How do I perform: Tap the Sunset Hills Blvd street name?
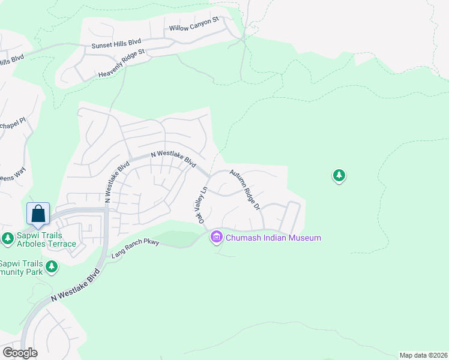(x=116, y=43)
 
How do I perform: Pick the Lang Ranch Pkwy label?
(x=135, y=251)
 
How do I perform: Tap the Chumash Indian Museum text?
(x=273, y=238)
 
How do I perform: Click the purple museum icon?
(x=216, y=238)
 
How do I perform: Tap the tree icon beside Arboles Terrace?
(x=8, y=238)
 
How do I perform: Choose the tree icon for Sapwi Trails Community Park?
(x=52, y=266)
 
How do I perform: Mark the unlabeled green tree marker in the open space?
(x=339, y=176)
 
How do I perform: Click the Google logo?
(x=20, y=353)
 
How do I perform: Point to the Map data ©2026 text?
(x=423, y=355)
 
